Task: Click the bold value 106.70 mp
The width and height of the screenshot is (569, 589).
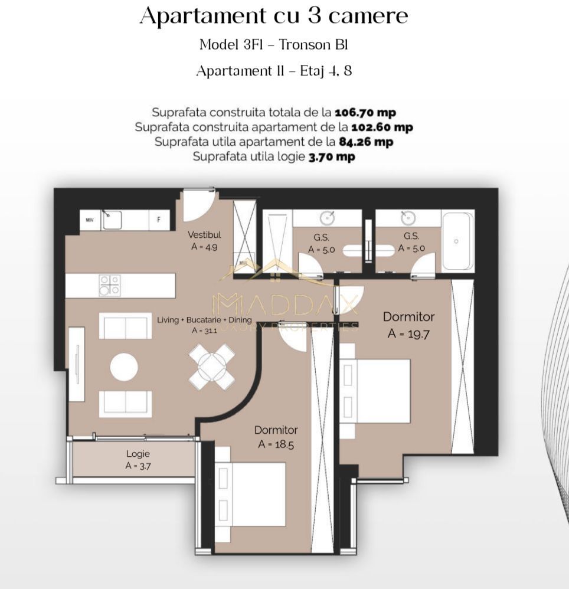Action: [x=365, y=112]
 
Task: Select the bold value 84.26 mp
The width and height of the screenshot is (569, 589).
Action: [x=366, y=142]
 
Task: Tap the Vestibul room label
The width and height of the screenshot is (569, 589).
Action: [x=204, y=235]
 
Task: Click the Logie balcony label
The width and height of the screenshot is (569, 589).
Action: [x=138, y=454]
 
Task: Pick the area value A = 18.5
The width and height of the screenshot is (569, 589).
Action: [x=276, y=444]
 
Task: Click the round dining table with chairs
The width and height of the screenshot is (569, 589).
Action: [x=211, y=367]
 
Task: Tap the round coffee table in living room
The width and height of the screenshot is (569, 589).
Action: [x=124, y=367]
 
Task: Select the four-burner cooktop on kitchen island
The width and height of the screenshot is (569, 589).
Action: [x=110, y=285]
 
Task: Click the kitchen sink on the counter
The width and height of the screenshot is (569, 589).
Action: [x=112, y=221]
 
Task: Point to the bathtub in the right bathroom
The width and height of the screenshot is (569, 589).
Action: [x=457, y=241]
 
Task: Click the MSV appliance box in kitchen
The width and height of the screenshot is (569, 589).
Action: [x=90, y=220]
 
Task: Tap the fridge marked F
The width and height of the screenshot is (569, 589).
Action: [x=159, y=220]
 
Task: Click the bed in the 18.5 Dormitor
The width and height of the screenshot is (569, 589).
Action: [x=250, y=493]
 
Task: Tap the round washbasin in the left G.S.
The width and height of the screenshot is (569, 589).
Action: [x=326, y=218]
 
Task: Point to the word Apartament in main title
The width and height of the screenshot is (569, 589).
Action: [x=198, y=16]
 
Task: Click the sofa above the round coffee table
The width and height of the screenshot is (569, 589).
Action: [x=125, y=326]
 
